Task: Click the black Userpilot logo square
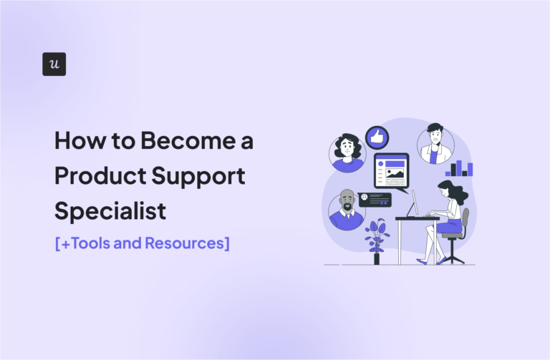[54, 64]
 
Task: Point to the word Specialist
[110, 211]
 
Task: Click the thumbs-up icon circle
[377, 137]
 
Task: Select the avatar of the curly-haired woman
[347, 152]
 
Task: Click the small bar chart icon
[459, 169]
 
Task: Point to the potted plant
[377, 240]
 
